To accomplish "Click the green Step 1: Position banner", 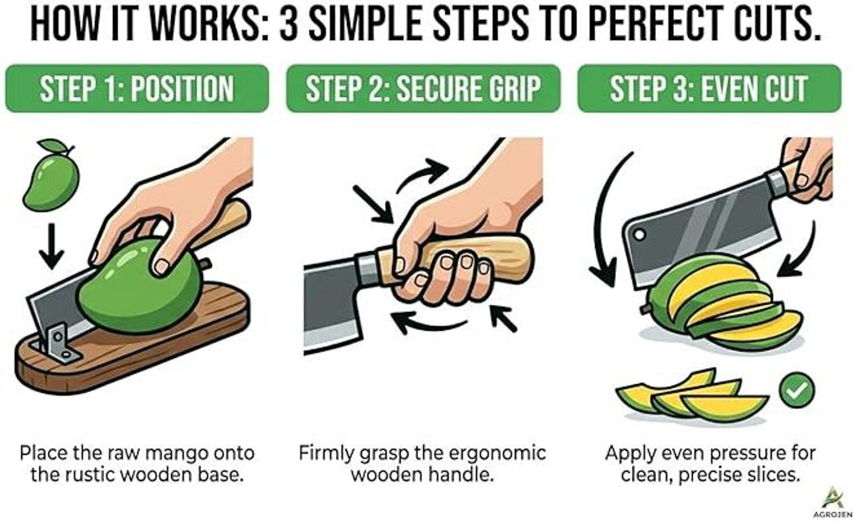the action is tap(137, 88).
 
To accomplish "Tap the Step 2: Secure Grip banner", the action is tap(423, 88).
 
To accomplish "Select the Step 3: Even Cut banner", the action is tap(710, 88).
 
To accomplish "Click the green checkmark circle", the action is tap(797, 390).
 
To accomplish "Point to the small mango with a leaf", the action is tap(51, 175).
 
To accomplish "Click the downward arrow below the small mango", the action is tap(51, 246).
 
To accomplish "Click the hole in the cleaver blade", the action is tap(640, 234).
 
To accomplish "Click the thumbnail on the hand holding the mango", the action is tap(162, 267).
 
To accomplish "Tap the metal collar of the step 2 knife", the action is tap(367, 269).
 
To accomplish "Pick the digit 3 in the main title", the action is tap(288, 24).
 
